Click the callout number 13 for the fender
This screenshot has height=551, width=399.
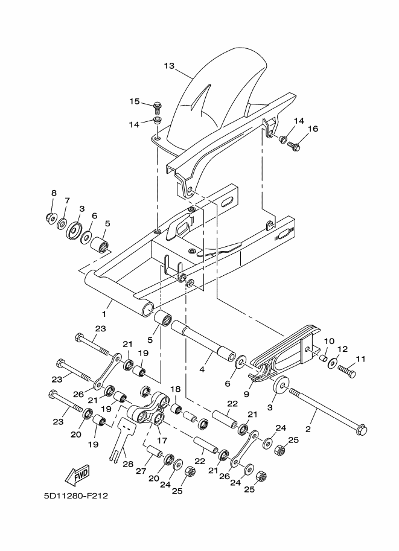click(x=168, y=65)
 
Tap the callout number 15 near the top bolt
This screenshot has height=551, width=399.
click(x=133, y=101)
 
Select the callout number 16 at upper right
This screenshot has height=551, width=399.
click(x=313, y=129)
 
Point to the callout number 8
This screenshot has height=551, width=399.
click(x=53, y=193)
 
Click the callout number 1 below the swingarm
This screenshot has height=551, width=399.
click(x=104, y=314)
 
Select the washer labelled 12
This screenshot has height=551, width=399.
click(x=333, y=365)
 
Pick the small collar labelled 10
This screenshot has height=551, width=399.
click(x=323, y=360)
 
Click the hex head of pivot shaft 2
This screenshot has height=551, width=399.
click(x=360, y=430)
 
